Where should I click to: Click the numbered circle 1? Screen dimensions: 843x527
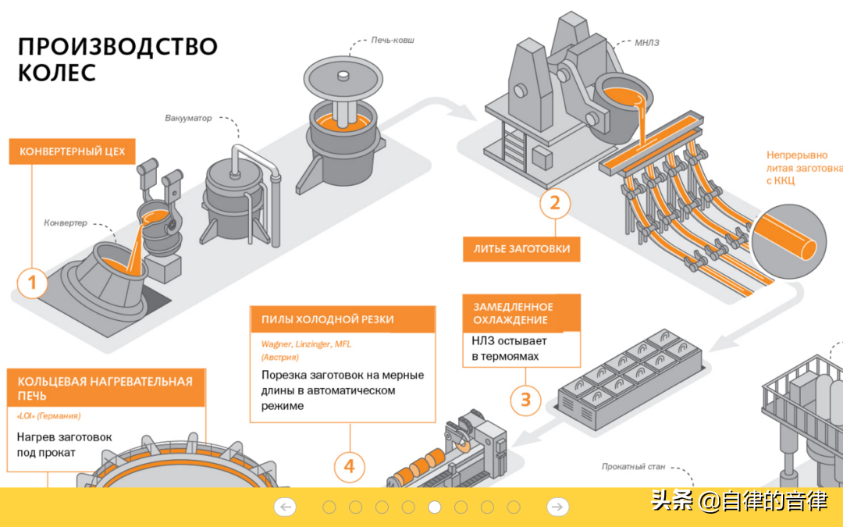tap(32, 283)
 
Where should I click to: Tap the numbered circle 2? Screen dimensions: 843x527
tap(555, 203)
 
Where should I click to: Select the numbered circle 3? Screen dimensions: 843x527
tap(525, 400)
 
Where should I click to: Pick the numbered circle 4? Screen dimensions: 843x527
tap(350, 467)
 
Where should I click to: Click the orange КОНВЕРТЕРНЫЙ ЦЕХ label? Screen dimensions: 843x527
tap(72, 151)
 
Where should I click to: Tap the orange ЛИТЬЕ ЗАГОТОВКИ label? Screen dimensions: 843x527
tap(521, 249)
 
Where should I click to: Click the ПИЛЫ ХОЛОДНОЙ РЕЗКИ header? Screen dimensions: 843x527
tap(343, 319)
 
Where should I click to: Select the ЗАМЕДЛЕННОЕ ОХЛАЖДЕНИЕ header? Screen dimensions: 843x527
tap(521, 313)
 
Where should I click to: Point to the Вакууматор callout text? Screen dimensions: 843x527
tap(188, 119)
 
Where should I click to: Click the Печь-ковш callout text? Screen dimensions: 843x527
tap(393, 41)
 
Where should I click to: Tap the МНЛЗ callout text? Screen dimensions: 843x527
tap(647, 43)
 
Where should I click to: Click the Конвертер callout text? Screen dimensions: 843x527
tap(65, 223)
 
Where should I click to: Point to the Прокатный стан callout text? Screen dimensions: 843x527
tap(633, 467)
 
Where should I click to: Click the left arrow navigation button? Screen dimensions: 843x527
tap(285, 507)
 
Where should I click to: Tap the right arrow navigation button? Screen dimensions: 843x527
tap(557, 507)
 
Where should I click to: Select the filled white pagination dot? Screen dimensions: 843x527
tap(435, 507)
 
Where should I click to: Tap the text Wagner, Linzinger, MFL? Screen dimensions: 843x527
tap(306, 344)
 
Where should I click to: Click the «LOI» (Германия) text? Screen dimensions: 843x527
tap(49, 416)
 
